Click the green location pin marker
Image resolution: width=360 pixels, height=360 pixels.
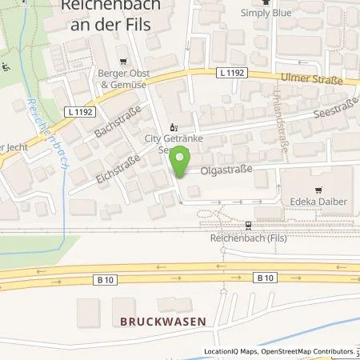point(182,160)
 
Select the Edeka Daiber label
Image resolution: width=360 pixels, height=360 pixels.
point(318,202)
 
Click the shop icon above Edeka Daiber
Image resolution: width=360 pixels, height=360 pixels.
point(318,190)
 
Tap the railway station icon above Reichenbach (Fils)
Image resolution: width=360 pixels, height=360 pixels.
point(248,226)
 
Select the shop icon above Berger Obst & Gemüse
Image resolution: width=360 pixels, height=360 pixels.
point(122,62)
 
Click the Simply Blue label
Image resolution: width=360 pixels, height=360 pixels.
point(266,14)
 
